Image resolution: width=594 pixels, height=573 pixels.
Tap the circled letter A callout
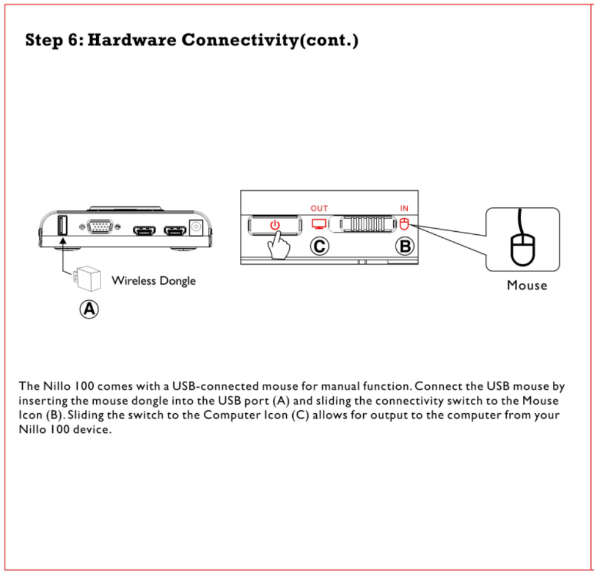(89, 309)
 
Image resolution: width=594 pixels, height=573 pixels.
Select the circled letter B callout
(405, 246)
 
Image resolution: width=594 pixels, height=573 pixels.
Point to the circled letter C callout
(319, 246)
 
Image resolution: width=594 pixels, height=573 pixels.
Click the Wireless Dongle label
(153, 280)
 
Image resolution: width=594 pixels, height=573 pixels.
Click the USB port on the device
(61, 226)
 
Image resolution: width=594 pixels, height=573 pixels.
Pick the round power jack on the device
(195, 228)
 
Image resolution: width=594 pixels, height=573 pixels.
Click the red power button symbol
(275, 225)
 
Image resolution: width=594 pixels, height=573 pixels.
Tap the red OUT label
(319, 208)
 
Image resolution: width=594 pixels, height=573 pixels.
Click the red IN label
(404, 208)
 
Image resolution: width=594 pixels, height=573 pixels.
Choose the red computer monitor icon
(319, 224)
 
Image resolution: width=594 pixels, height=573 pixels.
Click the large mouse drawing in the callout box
(522, 247)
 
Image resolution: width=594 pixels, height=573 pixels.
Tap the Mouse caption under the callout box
(527, 285)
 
